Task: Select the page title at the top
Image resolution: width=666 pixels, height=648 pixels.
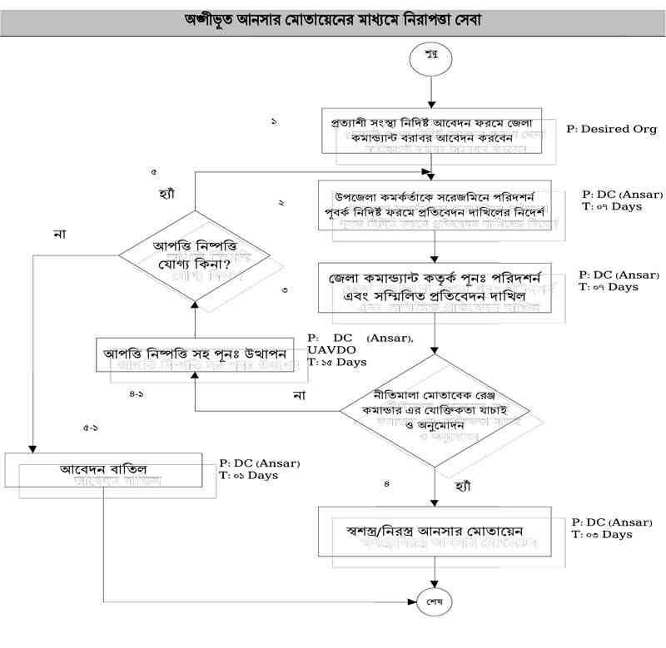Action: pos(333,17)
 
